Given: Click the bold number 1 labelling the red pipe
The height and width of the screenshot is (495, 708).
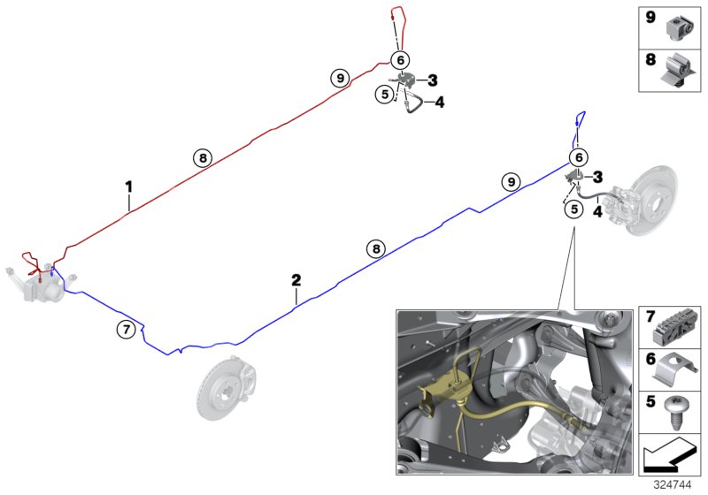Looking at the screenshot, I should pyautogui.click(x=128, y=187).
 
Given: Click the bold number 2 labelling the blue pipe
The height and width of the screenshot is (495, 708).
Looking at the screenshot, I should pyautogui.click(x=296, y=280).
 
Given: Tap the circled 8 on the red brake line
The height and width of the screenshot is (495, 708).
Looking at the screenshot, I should pyautogui.click(x=203, y=158).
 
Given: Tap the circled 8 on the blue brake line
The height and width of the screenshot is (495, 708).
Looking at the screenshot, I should pyautogui.click(x=378, y=249).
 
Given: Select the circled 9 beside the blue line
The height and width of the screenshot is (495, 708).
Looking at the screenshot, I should pyautogui.click(x=510, y=182).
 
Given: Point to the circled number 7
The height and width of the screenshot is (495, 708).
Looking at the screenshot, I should pyautogui.click(x=127, y=330).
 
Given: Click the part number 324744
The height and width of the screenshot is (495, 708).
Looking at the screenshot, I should pyautogui.click(x=677, y=484).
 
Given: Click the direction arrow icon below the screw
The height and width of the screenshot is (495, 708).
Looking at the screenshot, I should pyautogui.click(x=670, y=457).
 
